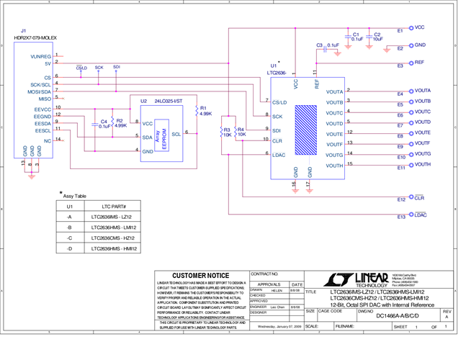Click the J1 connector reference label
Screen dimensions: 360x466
tap(23, 31)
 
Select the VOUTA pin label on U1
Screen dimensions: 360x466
tap(334, 91)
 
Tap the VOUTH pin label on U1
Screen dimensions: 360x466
tap(334, 166)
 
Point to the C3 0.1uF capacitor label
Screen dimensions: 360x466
tap(328, 45)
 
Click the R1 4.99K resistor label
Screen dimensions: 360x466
tap(205, 110)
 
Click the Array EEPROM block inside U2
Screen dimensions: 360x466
tap(166, 135)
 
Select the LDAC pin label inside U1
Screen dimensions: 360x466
tap(279, 154)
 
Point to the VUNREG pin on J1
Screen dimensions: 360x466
tap(40, 55)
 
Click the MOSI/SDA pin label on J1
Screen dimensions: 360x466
tap(39, 91)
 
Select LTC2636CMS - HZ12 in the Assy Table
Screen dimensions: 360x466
tap(110, 238)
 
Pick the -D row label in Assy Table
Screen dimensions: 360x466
tap(69, 248)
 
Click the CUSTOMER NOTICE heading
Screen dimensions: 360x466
tap(200, 276)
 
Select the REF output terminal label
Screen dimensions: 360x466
tap(419, 63)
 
